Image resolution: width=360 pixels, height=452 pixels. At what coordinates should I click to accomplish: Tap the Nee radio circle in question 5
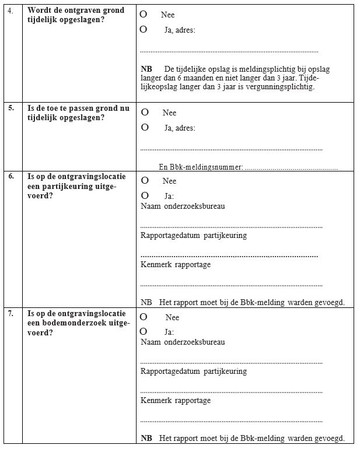(145, 112)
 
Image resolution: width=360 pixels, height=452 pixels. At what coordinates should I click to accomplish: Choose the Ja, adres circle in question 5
(145, 127)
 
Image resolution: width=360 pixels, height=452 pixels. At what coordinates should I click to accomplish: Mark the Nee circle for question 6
(145, 180)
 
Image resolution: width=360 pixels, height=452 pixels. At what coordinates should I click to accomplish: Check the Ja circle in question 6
(145, 195)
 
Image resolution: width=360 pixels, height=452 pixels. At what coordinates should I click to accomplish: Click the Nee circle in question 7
(144, 317)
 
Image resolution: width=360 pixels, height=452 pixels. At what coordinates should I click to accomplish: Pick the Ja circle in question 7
(144, 331)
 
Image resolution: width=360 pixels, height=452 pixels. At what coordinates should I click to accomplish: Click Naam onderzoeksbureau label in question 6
(183, 206)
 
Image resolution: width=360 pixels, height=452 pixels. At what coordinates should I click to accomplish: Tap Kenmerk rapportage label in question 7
(176, 401)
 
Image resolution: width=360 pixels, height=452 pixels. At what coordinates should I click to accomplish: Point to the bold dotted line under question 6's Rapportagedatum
(229, 256)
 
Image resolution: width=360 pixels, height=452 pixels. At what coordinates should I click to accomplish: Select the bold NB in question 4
(146, 69)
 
